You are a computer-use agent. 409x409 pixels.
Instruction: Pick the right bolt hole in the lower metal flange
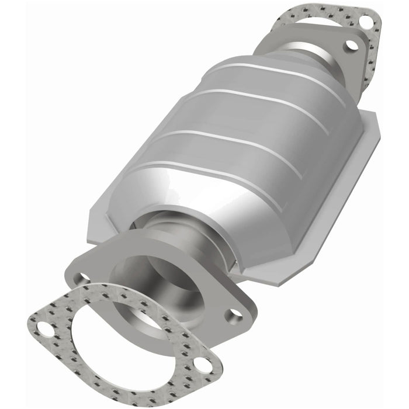point(235,316)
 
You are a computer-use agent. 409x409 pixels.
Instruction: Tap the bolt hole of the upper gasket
point(366,22)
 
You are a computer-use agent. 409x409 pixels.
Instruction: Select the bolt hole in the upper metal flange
point(351,44)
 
